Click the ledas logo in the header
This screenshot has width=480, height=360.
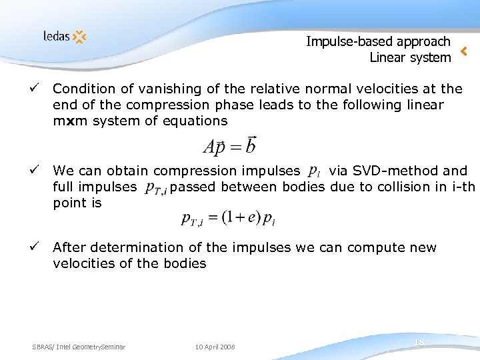coord(65,36)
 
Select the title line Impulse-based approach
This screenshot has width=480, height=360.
coord(378,41)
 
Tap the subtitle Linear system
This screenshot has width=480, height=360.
coord(410,58)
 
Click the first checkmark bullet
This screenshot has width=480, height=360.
coord(42,88)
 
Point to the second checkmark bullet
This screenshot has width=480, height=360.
coord(42,171)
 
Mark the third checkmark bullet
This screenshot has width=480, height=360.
coord(42,247)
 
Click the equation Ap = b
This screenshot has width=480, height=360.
coord(229,145)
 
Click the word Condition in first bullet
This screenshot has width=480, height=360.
coord(81,89)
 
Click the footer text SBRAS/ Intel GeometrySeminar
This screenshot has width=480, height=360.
coord(79,347)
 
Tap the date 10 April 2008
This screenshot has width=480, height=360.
coord(215,347)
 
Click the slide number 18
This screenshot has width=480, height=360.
coord(419,342)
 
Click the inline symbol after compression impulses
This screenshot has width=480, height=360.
coord(314,172)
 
